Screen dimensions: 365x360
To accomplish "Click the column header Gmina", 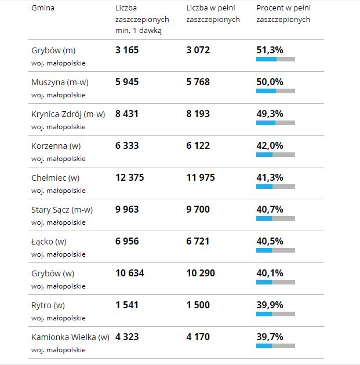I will pos(43,9).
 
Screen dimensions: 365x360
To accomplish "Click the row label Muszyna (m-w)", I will pos(60,82).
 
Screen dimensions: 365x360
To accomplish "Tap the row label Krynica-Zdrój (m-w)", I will pos(68,114).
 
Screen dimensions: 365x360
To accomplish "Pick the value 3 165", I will pos(127,50).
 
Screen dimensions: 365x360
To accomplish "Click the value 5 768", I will pos(198,82).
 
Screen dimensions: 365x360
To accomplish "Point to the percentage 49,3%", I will pos(270,114).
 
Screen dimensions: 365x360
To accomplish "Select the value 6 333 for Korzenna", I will pos(127,146).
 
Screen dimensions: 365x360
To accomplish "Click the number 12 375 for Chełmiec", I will pos(129,177).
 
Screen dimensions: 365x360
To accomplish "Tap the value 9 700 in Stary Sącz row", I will pos(198,209).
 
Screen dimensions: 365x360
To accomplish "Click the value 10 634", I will pos(129,273).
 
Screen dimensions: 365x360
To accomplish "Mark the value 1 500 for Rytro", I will pos(198,305).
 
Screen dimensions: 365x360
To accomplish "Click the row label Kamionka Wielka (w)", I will pos(70,337).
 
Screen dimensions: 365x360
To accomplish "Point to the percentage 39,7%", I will pos(270,337).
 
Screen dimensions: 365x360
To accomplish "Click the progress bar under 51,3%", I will pos(275,59).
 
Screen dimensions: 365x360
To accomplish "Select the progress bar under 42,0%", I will pos(275,155).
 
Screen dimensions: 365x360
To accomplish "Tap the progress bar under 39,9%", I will pos(275,313).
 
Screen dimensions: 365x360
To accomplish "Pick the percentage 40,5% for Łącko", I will pos(270,241).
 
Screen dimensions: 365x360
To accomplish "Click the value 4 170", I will pos(198,337).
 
